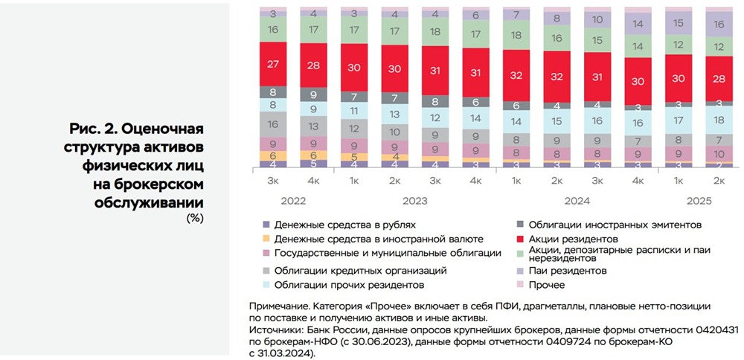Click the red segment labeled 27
(x=273, y=64)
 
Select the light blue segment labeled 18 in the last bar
(x=719, y=120)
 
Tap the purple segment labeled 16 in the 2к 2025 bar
(x=719, y=24)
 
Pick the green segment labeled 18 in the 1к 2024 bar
(x=516, y=35)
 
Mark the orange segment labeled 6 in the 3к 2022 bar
(x=273, y=155)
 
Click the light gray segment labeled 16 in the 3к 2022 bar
(x=273, y=124)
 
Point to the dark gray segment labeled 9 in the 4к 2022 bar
(x=313, y=94)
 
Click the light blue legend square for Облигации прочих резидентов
(x=266, y=284)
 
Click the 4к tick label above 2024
(x=638, y=181)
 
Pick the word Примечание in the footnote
(x=280, y=306)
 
